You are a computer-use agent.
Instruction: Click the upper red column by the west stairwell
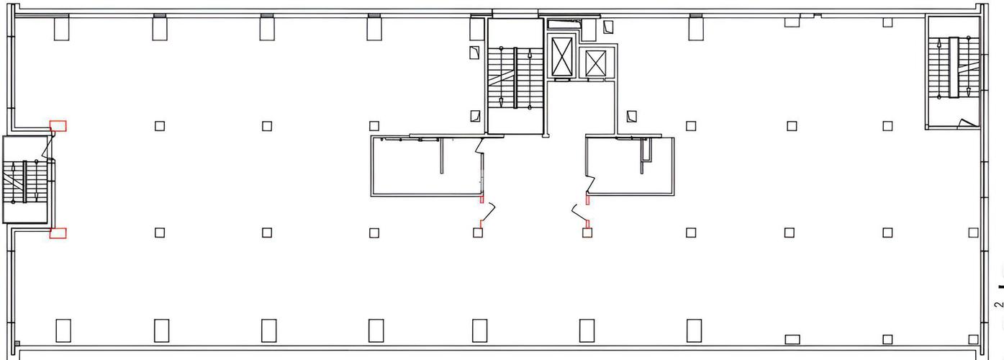(x=58, y=126)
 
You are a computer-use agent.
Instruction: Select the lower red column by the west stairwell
(x=58, y=233)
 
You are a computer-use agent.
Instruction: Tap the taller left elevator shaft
(x=562, y=58)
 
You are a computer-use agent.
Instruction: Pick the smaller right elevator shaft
(x=596, y=63)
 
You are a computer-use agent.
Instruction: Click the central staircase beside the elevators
(x=515, y=78)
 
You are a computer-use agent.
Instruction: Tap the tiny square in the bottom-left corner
(x=17, y=344)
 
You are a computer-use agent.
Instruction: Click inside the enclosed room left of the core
(x=426, y=166)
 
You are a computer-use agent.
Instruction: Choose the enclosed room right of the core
(x=630, y=166)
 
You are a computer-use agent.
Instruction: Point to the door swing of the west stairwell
(x=48, y=147)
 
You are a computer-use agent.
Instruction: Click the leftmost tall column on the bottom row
(x=63, y=331)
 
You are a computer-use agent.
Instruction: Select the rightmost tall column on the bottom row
(x=694, y=331)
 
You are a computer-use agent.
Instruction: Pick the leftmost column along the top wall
(x=61, y=28)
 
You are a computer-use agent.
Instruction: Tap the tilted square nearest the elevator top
(x=608, y=27)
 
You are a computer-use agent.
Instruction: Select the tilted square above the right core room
(x=632, y=117)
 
